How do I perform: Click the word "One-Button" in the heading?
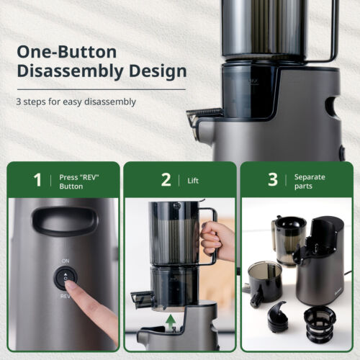67,52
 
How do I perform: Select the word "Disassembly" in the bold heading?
70,71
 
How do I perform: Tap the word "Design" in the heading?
158,71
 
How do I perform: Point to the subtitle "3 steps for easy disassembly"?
76,102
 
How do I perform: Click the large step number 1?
37,180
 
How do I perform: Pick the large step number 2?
166,180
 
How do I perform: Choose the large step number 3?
273,180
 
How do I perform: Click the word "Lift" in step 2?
193,181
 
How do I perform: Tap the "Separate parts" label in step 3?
310,181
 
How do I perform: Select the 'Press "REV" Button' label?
79,181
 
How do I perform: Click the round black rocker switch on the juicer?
66,278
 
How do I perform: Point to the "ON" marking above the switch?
66,261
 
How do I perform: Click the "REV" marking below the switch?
65,297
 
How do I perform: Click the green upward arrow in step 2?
171,323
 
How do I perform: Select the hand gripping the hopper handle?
216,240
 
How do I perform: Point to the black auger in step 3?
278,317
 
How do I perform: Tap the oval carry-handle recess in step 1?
66,221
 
